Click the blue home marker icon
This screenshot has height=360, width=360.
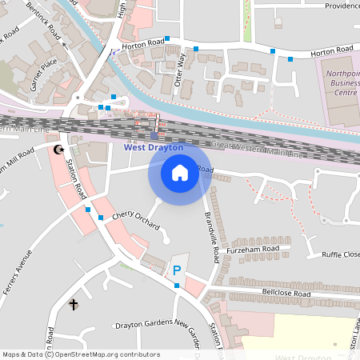pos(180,172)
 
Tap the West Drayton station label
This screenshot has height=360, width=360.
pos(154,147)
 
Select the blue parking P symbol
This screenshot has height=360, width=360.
pos(177,270)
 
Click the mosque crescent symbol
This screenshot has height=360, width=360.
pos(58,150)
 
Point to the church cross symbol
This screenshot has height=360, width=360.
pos(74,304)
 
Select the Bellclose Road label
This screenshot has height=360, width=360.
pos(286,294)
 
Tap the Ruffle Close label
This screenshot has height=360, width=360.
pos(341,254)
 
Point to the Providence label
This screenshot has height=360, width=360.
pos(342,6)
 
